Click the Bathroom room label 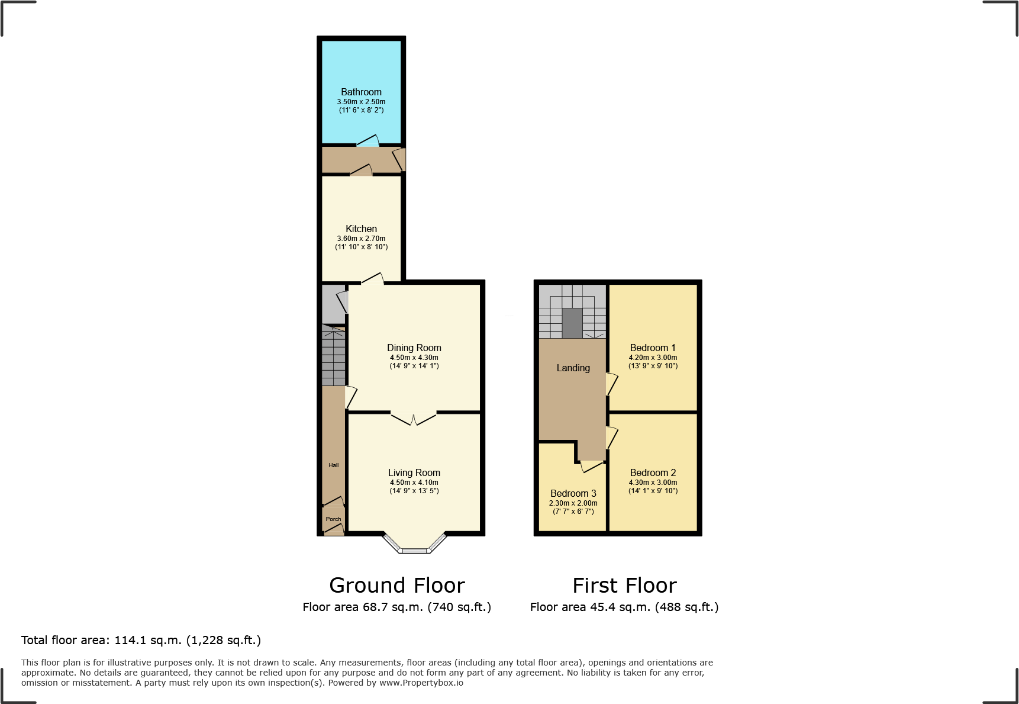[x=361, y=92]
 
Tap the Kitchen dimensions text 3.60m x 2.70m [x=361, y=239]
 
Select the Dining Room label [x=414, y=348]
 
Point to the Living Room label [x=414, y=472]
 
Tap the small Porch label [x=333, y=519]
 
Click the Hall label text [x=334, y=465]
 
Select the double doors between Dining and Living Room [x=414, y=417]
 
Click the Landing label [x=573, y=368]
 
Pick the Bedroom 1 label [x=653, y=348]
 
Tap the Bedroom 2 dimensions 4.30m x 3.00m [x=653, y=483]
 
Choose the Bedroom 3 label [x=573, y=493]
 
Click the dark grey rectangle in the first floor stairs [x=572, y=323]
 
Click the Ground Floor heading [x=396, y=586]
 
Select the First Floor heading [x=624, y=586]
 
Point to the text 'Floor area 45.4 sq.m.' [x=590, y=607]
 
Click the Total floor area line [x=141, y=640]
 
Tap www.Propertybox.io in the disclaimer [x=421, y=683]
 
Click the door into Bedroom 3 [x=591, y=467]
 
